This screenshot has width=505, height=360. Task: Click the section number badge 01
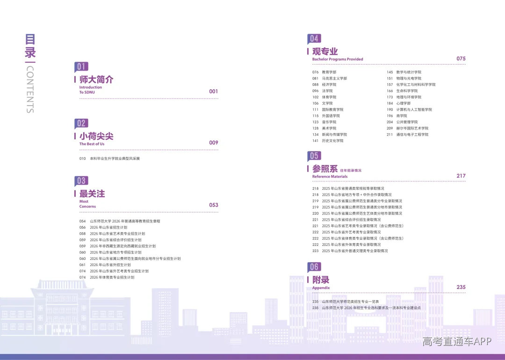click(x=81, y=67)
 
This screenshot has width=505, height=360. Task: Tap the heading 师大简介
click(x=96, y=79)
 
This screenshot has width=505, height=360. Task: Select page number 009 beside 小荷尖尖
click(x=214, y=143)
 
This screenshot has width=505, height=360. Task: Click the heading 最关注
click(x=92, y=194)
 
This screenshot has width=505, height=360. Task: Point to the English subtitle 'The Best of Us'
click(x=92, y=144)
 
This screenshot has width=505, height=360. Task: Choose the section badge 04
click(x=314, y=39)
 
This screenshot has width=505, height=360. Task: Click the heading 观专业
click(x=325, y=51)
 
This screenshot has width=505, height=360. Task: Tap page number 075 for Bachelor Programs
click(x=461, y=58)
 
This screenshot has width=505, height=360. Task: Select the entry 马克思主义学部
click(x=334, y=78)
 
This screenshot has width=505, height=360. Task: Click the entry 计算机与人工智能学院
click(x=414, y=109)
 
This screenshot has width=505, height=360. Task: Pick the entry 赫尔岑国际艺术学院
click(x=412, y=128)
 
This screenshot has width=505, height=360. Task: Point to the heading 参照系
click(x=325, y=169)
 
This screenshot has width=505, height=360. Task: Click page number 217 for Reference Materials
click(x=461, y=176)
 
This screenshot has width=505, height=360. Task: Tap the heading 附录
click(x=321, y=280)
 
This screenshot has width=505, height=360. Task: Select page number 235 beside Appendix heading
click(x=461, y=287)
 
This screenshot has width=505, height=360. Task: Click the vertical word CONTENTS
click(x=30, y=89)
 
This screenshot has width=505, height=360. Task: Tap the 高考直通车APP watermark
click(x=457, y=342)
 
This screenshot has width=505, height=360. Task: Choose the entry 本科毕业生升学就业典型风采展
click(x=115, y=158)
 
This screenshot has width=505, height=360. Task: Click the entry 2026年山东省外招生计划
click(x=110, y=265)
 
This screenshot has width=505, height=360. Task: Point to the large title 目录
click(x=30, y=46)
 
